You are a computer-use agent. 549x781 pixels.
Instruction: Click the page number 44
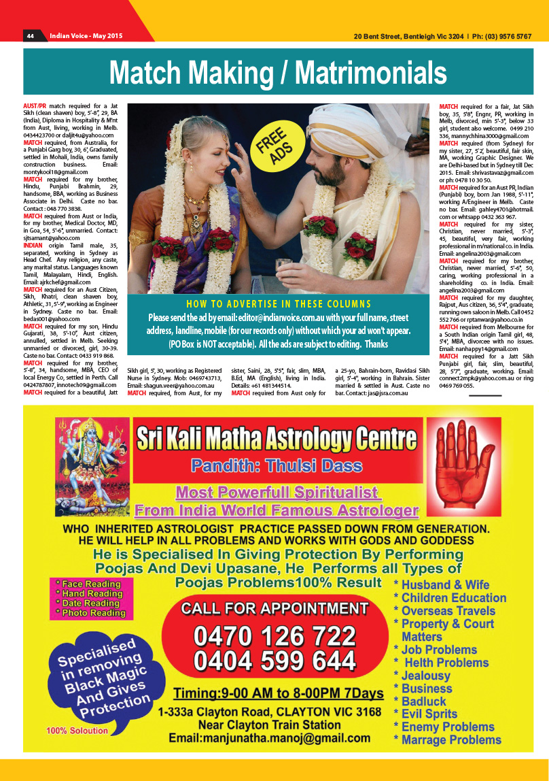(x=31, y=35)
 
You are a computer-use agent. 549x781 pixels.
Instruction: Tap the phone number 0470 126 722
(x=274, y=636)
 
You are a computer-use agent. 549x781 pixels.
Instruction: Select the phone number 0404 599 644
(x=274, y=661)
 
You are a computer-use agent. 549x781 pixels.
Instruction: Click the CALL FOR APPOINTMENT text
(x=274, y=608)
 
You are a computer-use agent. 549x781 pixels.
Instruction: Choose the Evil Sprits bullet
(x=429, y=714)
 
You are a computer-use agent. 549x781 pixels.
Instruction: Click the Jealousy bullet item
(x=425, y=676)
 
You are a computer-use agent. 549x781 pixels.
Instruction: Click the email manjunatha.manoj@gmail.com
(x=270, y=738)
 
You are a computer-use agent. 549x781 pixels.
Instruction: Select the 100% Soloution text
(x=77, y=731)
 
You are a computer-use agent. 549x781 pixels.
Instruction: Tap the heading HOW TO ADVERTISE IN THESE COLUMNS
(x=279, y=303)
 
